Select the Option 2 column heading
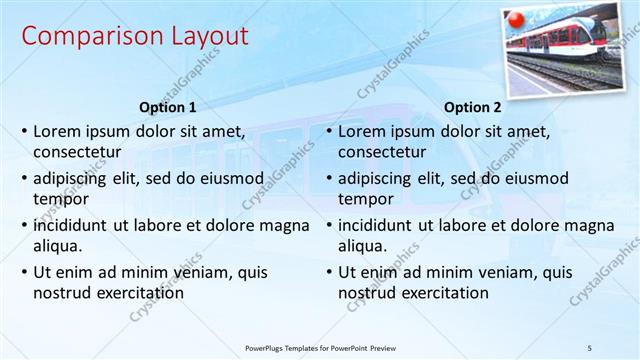(x=473, y=107)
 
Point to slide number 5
(x=590, y=346)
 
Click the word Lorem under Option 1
(x=57, y=131)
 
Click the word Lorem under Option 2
(x=362, y=131)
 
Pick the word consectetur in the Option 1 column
(x=77, y=152)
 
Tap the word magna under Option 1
(x=285, y=225)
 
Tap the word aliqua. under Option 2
(x=363, y=246)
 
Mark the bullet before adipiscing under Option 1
(x=23, y=179)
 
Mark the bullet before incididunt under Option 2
(x=328, y=226)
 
